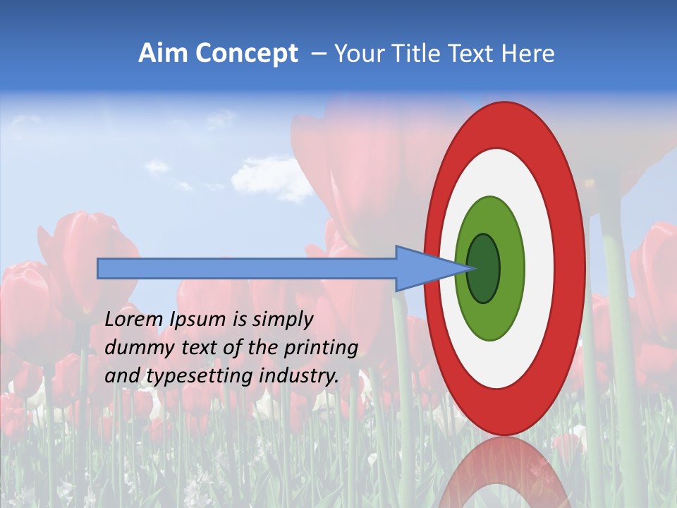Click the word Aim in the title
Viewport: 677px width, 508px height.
pyautogui.click(x=164, y=54)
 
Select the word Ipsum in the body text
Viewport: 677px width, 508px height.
pyautogui.click(x=199, y=320)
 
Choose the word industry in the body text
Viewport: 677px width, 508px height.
pyautogui.click(x=299, y=376)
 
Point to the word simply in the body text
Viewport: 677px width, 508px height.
pyautogui.click(x=280, y=320)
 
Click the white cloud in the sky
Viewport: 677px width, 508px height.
pyautogui.click(x=272, y=178)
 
